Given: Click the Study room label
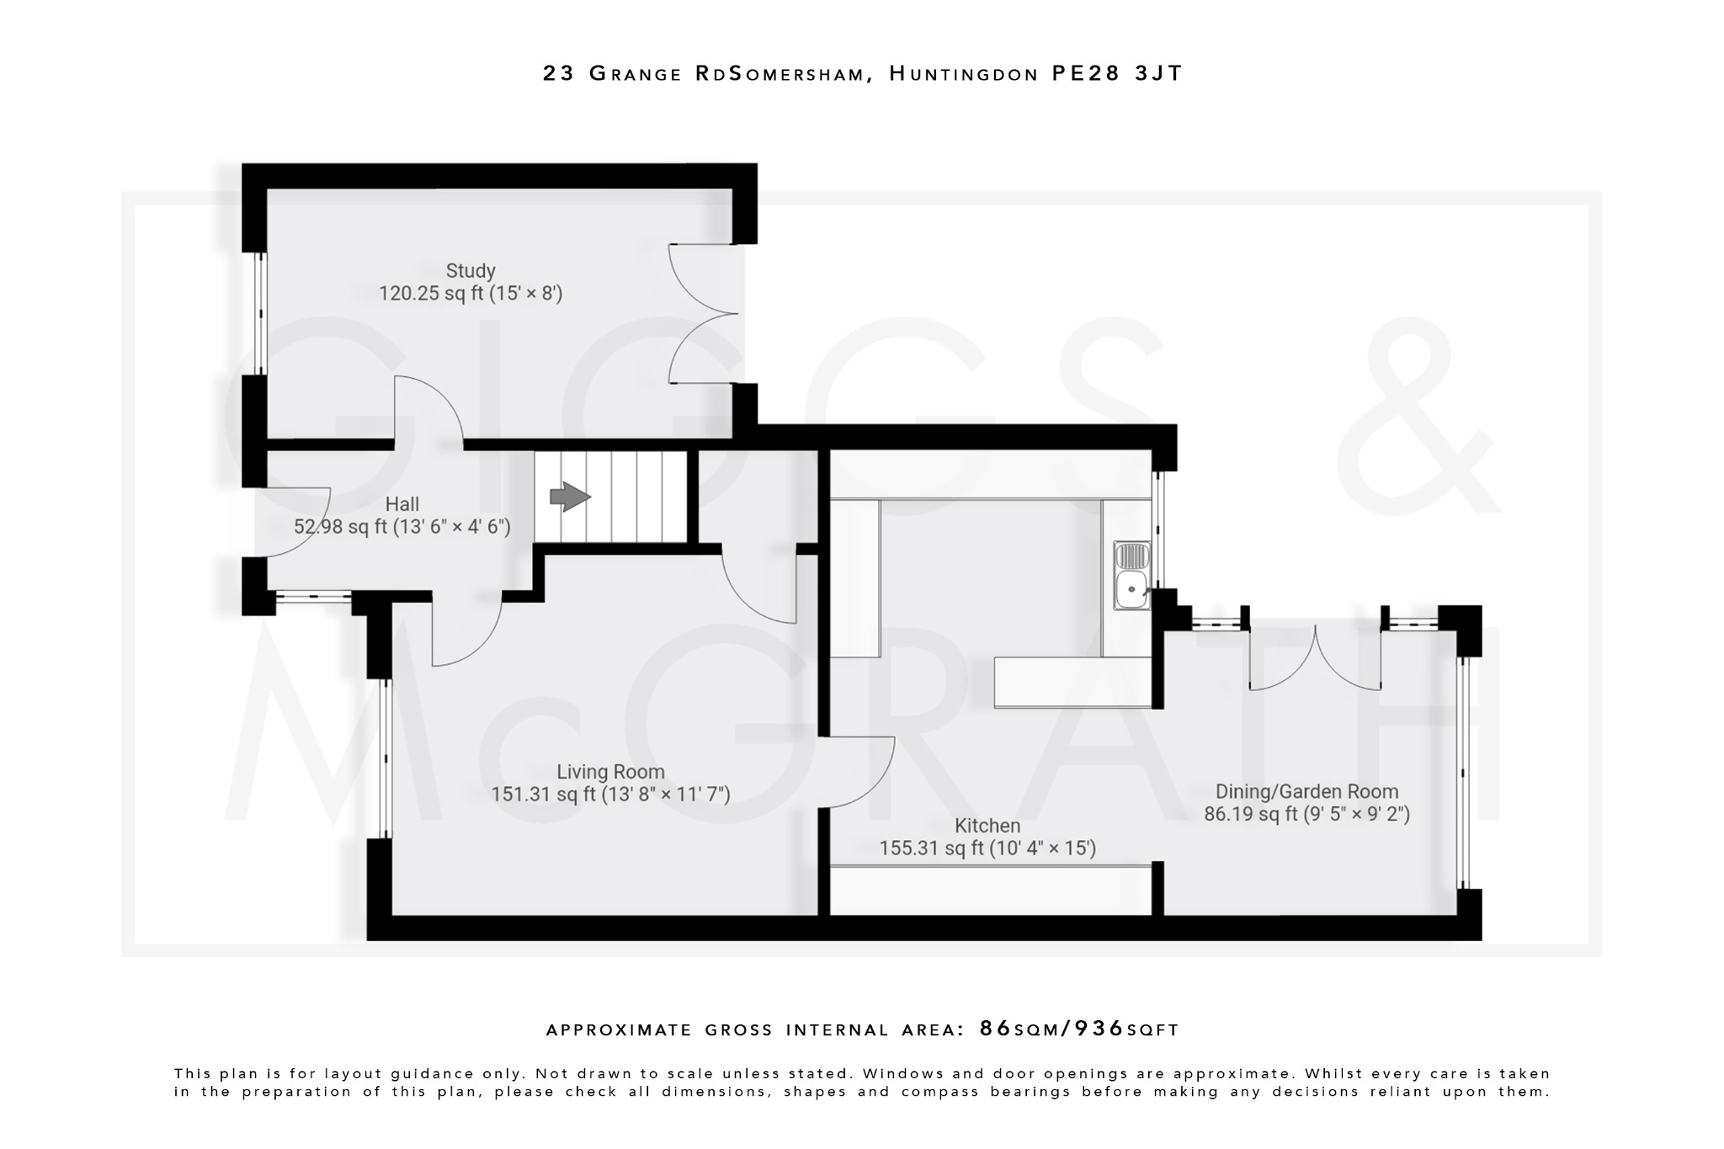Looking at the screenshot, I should pos(470,271).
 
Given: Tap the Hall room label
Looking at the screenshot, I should pos(402,504).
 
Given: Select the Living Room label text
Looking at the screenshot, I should pos(610,772).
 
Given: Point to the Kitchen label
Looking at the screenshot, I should pos(987,826).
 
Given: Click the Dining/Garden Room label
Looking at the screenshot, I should pos(1306,791).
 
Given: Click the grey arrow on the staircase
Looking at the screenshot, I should pos(570,497).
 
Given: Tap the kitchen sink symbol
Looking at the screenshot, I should pos(1131,576).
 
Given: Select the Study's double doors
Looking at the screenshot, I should pos(704,314).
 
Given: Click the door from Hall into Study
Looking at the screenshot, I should pos(428,409).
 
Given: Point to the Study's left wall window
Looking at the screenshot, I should pos(261,313).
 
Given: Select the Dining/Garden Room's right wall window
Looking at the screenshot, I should pos(1463,773).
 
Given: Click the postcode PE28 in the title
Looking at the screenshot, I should pos(1086,74).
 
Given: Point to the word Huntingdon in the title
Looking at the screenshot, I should pos(963,74).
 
